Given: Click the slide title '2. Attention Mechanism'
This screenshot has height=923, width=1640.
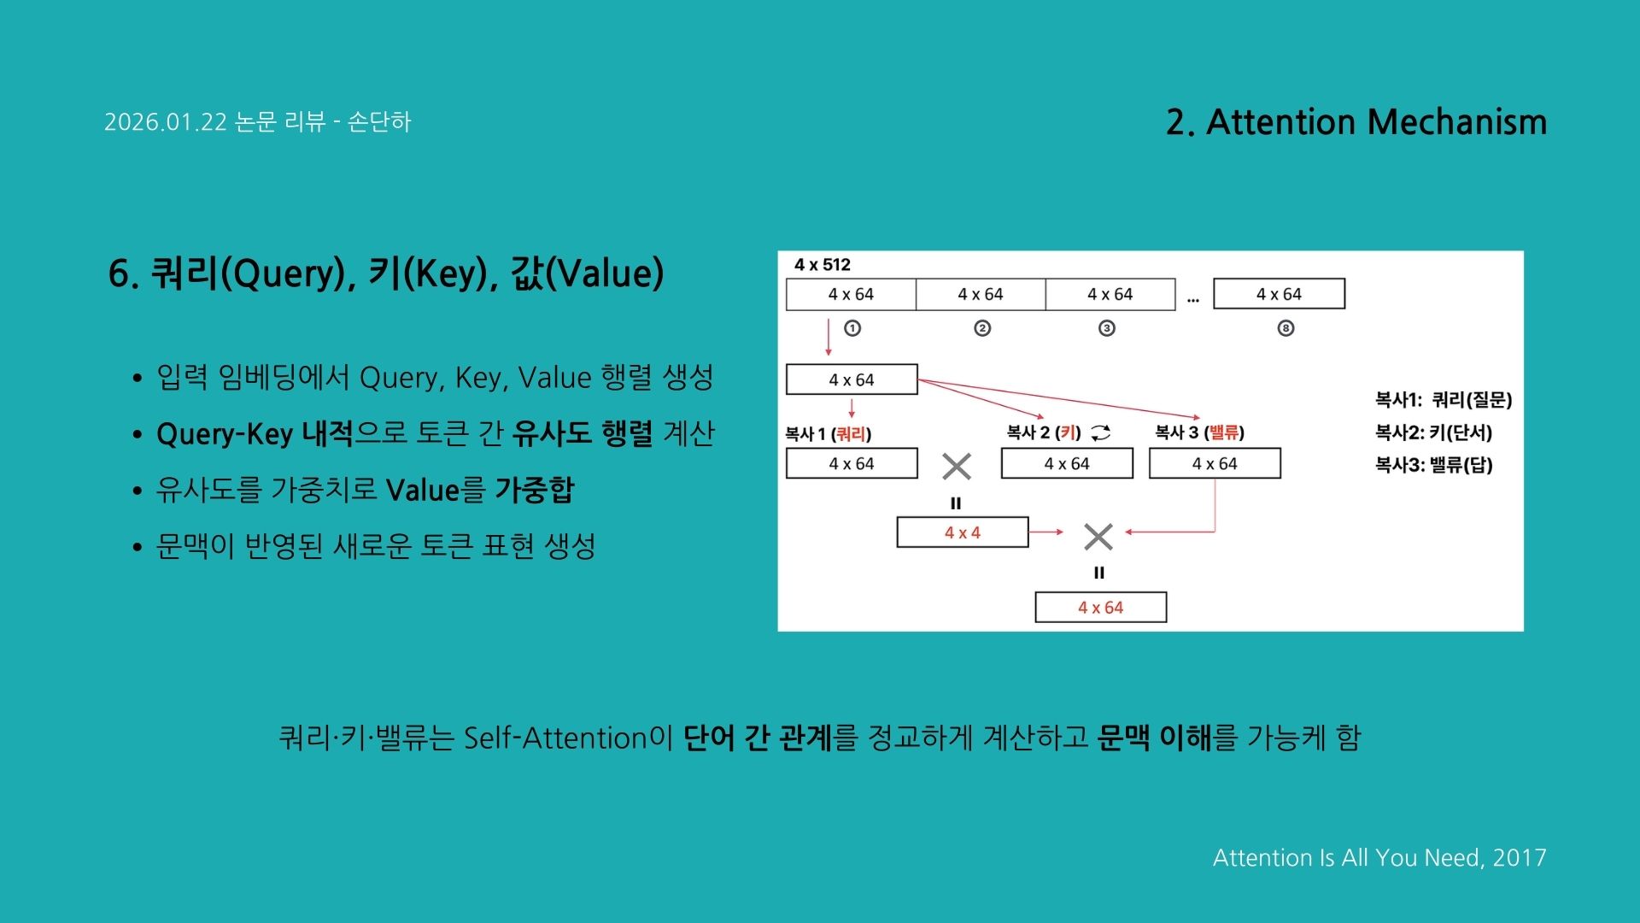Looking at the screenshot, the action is tap(1356, 122).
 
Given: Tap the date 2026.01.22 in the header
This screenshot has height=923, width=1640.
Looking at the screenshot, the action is tap(166, 122).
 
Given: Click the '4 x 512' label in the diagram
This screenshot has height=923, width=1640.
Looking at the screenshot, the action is tap(822, 265).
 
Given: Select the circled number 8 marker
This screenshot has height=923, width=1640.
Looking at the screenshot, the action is tap(1286, 328).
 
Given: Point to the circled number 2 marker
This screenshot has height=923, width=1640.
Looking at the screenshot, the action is tap(982, 328).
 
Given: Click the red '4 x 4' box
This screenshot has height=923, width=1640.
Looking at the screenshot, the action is tap(963, 532).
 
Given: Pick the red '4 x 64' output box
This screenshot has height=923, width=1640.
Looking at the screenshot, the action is tap(1100, 608).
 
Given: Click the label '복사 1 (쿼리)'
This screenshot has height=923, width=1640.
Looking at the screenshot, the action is tap(828, 434).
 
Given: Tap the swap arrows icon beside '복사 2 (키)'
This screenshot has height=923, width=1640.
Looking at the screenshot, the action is tap(1101, 433).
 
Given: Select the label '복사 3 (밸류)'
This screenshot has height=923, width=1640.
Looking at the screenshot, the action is tap(1199, 432).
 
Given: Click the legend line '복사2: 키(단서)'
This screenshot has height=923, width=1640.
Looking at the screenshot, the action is tap(1433, 432).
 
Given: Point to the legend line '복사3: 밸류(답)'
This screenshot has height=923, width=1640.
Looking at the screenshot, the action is tap(1433, 465).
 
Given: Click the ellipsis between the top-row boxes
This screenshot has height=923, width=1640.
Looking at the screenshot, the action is tap(1193, 299).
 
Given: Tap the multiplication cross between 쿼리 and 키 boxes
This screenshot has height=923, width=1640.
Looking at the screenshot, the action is tap(957, 467).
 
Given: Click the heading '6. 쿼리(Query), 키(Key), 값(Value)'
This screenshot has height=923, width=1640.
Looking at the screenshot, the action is tap(386, 273).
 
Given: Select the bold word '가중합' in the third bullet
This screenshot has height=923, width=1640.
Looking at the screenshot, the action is tap(535, 490).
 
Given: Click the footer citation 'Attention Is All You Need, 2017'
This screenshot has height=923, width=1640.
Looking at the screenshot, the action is tap(1379, 857).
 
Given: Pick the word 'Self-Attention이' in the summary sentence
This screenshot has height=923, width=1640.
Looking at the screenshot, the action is tap(568, 738).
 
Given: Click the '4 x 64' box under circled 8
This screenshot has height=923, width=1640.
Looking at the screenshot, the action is tap(1279, 294).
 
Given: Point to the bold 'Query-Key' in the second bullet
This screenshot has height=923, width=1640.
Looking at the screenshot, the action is tap(225, 434).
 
